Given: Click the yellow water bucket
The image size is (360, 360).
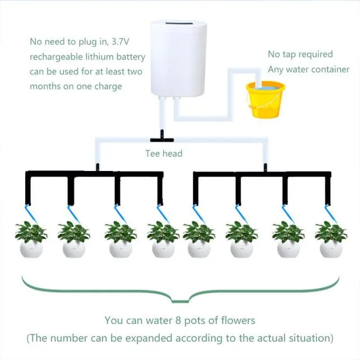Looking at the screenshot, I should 266,101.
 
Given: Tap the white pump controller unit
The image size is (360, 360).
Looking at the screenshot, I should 178,58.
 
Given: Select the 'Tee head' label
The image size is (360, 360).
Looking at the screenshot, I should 164,153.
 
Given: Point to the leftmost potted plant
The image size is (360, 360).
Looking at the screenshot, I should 31,239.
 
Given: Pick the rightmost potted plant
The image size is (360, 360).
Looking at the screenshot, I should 331,239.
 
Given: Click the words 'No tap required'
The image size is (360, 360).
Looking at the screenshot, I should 300,55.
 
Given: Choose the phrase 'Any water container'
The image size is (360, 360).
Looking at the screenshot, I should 308,70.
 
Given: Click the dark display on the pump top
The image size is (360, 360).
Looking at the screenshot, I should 178,24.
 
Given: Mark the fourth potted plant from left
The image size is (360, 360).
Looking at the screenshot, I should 163,239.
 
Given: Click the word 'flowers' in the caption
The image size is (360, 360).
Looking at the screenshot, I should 238,321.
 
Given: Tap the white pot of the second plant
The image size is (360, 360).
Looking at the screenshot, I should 74,249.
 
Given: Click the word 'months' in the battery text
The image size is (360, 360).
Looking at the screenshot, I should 45,87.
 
